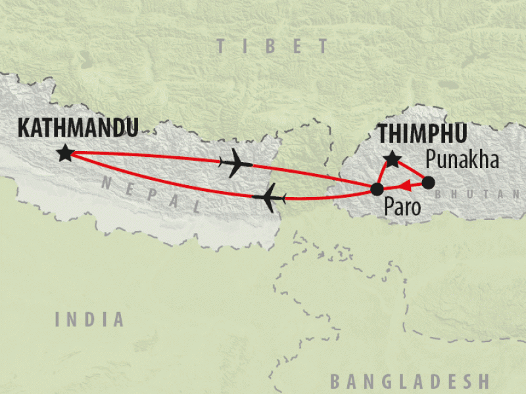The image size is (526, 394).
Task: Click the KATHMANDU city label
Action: (78, 127)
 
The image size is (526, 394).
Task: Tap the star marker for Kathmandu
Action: (65, 153)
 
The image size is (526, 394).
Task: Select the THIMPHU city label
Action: (422, 134)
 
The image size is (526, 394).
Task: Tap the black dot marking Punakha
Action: (428, 183)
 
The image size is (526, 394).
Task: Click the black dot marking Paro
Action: (377, 190)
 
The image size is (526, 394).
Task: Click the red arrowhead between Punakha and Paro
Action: (406, 185)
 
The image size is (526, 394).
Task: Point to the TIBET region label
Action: (272, 46)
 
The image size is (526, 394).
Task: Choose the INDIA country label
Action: (89, 320)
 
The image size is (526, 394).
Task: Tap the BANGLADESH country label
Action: (409, 381)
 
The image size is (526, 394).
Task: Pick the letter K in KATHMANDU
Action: (24, 127)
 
